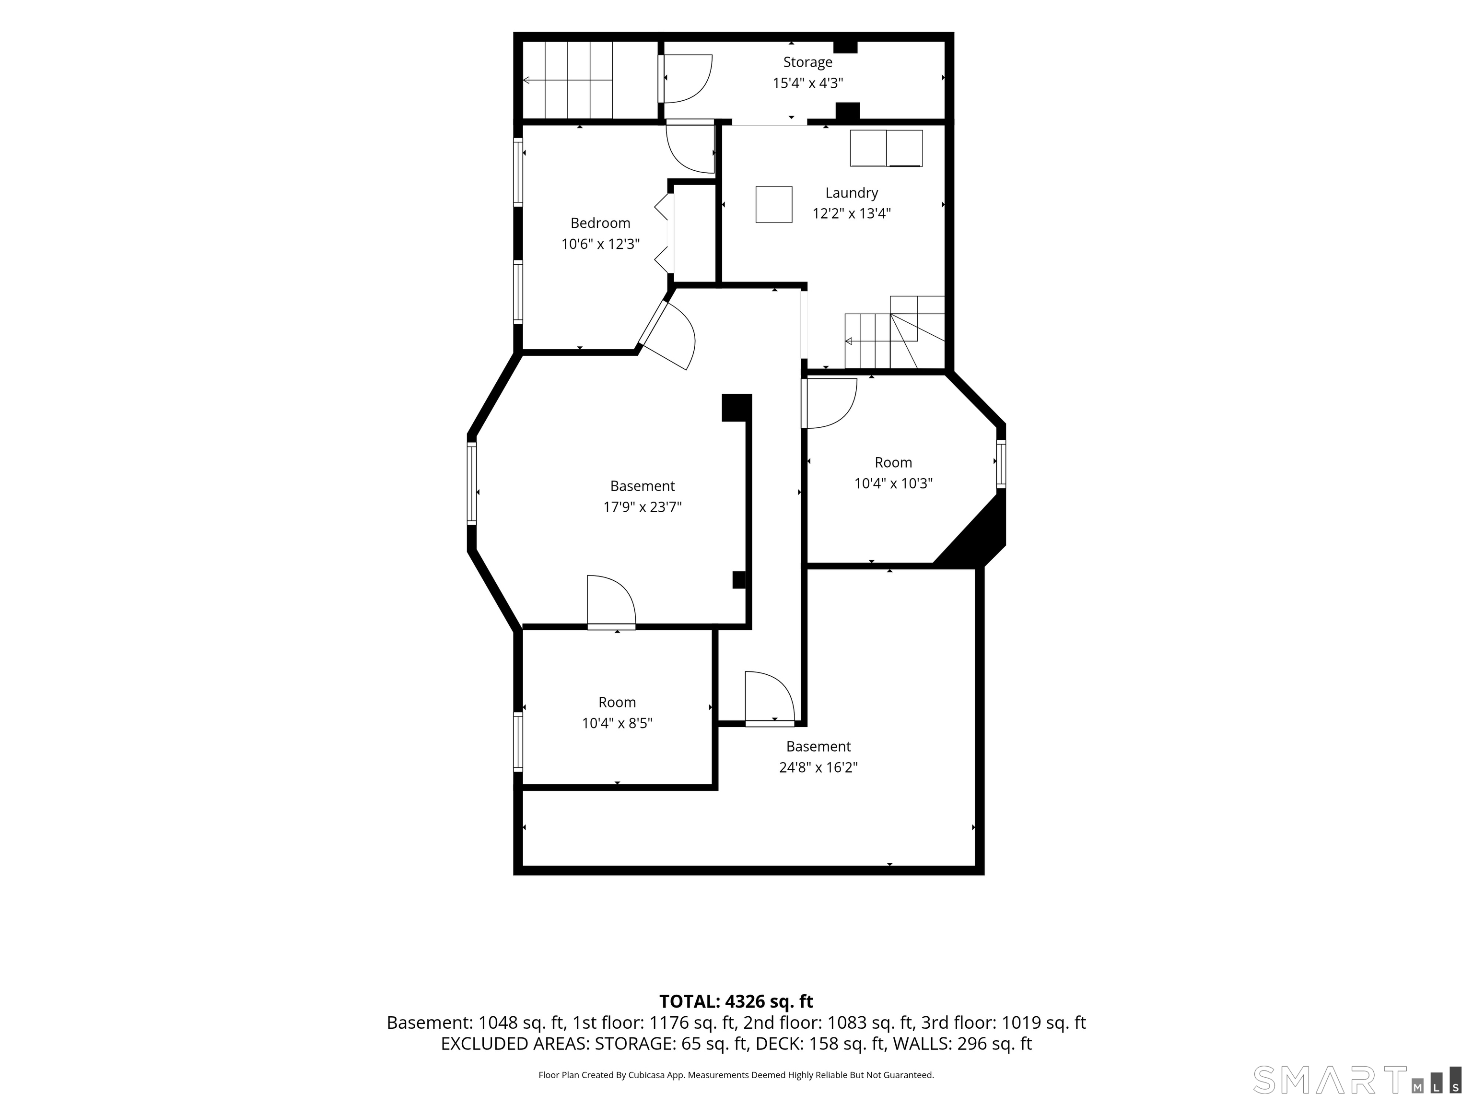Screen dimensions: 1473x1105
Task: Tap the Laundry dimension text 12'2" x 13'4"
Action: pos(851,213)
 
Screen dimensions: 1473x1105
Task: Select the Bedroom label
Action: pos(600,223)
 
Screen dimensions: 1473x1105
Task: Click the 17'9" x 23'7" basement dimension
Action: pos(642,507)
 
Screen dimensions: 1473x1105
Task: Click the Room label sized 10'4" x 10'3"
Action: pos(893,462)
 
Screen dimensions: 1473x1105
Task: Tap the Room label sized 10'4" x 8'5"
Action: pos(617,702)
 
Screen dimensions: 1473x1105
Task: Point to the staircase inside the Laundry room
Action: pos(894,332)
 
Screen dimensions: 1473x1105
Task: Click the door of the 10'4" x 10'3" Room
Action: pos(829,403)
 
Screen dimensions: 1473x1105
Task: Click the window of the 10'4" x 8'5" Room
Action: pos(517,742)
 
